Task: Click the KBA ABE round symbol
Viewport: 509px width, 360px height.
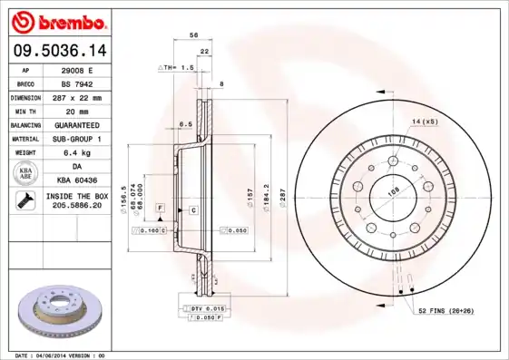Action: (x=26, y=174)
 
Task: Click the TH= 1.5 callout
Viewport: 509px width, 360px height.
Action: (x=178, y=68)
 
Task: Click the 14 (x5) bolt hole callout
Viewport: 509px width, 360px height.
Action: (x=424, y=121)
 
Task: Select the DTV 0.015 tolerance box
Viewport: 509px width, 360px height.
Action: (x=208, y=310)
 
